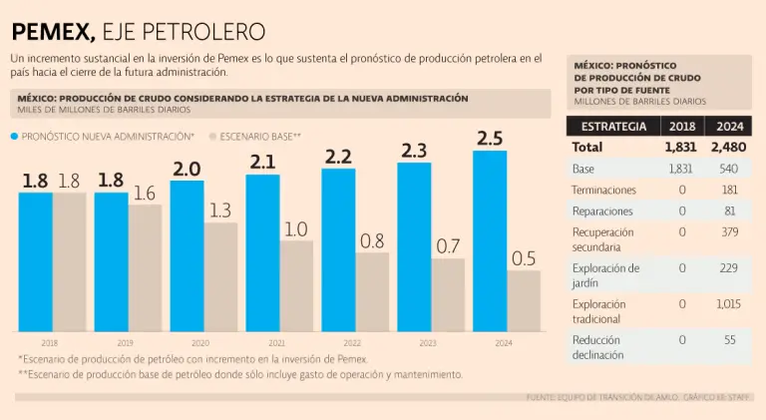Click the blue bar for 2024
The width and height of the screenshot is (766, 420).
coord(490,240)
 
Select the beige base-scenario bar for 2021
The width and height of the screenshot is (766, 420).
coord(296,285)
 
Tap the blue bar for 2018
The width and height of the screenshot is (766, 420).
coord(35,261)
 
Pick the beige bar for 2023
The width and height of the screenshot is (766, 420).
coord(448,294)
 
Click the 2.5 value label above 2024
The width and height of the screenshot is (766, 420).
coord(490,139)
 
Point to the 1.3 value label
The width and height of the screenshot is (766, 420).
coord(220,210)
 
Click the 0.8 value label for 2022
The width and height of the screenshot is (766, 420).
coord(372,240)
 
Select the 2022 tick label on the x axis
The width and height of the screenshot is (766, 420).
coord(352,342)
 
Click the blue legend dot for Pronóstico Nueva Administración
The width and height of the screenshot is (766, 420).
coord(14,135)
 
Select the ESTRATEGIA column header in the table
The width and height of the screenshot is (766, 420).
coord(613,127)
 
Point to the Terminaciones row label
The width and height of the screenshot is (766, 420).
coord(605,190)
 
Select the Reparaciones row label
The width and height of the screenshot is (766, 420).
coord(601,211)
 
